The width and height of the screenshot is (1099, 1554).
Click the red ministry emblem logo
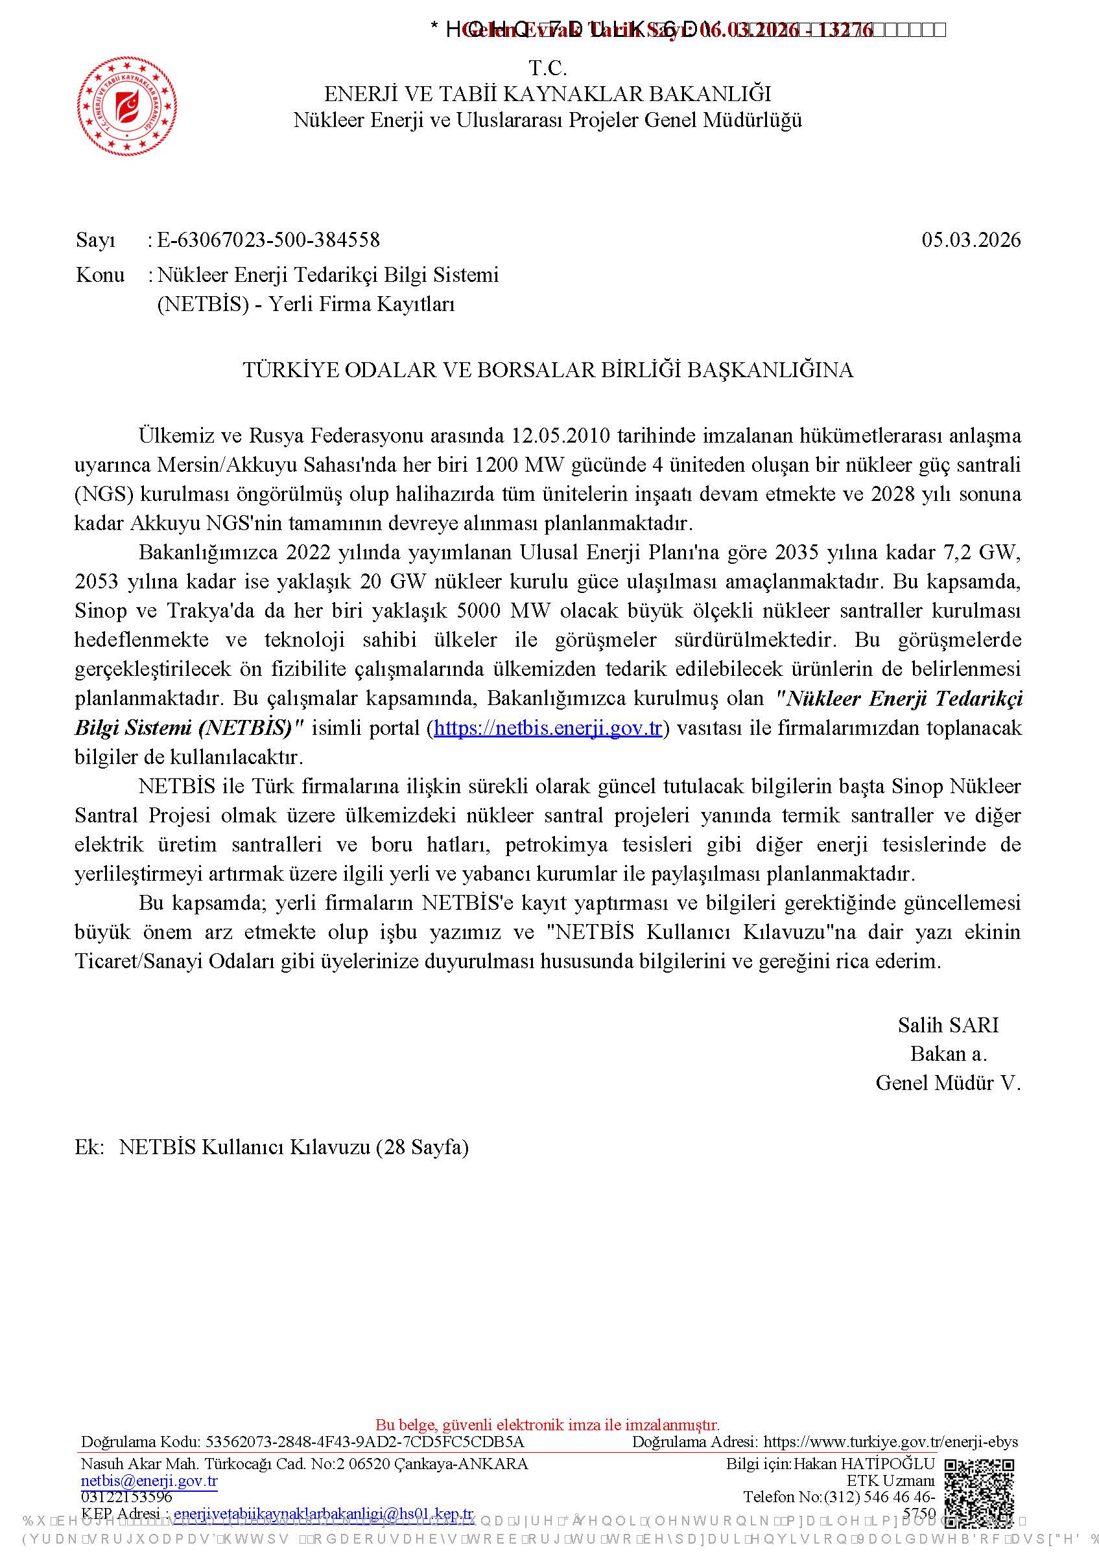click(x=127, y=107)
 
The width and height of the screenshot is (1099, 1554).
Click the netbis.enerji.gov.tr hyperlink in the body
click(x=548, y=728)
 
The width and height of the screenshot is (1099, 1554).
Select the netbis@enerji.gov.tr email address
click(x=149, y=1481)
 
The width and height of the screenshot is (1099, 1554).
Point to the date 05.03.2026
click(x=971, y=240)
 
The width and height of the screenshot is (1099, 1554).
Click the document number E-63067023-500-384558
click(x=268, y=240)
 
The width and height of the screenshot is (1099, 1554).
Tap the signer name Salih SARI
click(x=948, y=1025)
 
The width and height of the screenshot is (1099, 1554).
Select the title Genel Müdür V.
click(x=947, y=1083)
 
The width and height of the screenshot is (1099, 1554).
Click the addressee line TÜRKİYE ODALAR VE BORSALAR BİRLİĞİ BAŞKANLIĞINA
click(x=548, y=370)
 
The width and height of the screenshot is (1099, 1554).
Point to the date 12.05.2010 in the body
click(x=561, y=435)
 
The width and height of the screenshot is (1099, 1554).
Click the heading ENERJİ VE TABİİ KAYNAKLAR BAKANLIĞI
click(x=548, y=94)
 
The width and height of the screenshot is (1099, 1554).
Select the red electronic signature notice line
click(x=548, y=1425)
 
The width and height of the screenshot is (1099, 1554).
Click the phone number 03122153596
click(x=126, y=1496)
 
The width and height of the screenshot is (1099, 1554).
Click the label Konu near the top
click(x=100, y=275)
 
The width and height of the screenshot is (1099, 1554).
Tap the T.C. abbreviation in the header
click(x=548, y=68)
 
